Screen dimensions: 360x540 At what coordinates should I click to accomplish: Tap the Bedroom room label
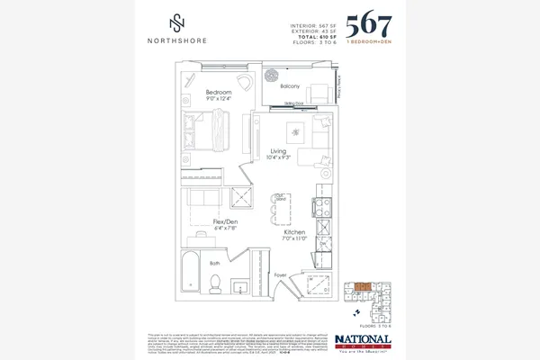point(220,93)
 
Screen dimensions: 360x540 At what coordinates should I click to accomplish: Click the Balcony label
point(290,86)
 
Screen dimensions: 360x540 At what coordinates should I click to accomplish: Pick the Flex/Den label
point(225,221)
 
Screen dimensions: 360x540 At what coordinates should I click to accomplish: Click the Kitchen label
point(293,231)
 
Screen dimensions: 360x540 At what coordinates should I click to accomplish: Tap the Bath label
point(215,263)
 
